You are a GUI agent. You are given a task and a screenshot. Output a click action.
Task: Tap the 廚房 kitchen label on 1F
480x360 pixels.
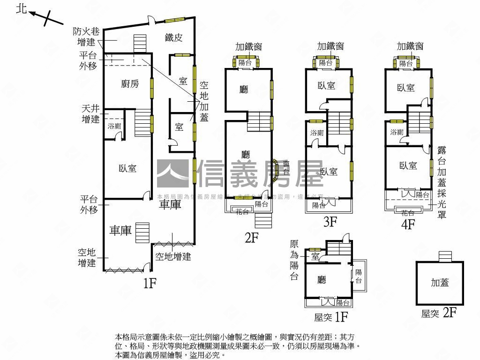click(130, 84)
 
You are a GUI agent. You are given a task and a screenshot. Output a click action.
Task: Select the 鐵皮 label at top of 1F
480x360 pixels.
click(173, 38)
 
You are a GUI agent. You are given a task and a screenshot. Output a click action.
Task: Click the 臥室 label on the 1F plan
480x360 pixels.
click(127, 168)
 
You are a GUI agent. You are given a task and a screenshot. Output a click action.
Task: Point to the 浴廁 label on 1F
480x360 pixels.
click(114, 126)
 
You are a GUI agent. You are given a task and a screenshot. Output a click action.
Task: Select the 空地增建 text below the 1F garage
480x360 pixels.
click(173, 256)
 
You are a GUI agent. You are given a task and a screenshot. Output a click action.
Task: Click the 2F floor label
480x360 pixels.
click(252, 238)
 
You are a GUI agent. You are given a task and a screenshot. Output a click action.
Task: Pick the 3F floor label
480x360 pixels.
click(330, 222)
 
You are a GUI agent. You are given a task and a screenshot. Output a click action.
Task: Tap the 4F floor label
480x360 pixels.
click(408, 224)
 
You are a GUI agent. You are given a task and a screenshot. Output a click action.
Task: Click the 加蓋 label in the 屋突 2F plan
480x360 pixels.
click(440, 282)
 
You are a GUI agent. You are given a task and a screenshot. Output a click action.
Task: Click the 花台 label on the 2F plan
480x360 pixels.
click(242, 211)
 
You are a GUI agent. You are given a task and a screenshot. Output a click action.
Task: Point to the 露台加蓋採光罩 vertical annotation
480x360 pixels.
click(442, 182)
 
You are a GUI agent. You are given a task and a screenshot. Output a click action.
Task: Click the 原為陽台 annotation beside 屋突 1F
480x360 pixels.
click(294, 260)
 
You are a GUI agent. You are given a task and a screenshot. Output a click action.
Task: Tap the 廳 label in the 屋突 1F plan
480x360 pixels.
click(322, 280)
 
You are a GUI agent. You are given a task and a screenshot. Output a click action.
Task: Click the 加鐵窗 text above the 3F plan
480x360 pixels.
click(330, 46)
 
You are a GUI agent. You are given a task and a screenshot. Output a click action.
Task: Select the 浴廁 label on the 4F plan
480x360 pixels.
click(397, 132)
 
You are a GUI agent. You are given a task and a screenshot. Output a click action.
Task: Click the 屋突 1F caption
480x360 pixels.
click(331, 317)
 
